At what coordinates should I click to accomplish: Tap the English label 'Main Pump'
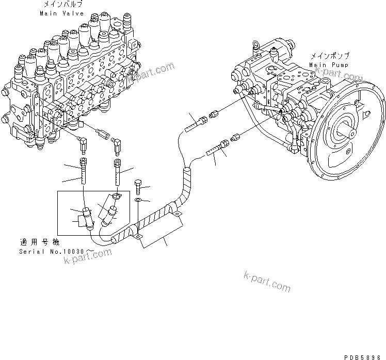tap(329, 65)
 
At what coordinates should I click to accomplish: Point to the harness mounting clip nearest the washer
tap(138, 236)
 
